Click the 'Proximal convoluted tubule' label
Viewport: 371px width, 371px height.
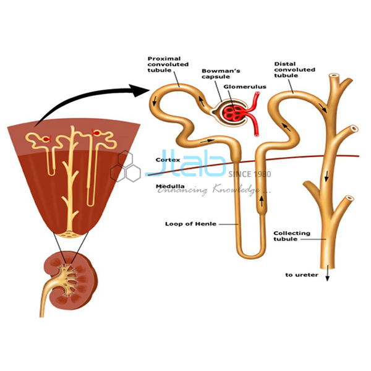point(168,64)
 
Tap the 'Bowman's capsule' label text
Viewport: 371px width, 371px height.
point(221,74)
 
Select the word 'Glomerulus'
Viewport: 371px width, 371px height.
point(245,87)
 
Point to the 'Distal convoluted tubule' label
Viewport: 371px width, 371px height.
point(294,70)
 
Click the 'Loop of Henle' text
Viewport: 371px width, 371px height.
point(190,224)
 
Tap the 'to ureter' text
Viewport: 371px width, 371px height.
point(302,275)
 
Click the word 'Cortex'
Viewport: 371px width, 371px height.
point(168,160)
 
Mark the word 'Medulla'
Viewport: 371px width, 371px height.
point(170,186)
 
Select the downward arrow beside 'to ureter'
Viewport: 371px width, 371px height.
point(328,273)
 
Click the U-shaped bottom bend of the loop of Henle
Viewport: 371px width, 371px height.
point(251,255)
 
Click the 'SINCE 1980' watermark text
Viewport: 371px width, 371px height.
point(250,174)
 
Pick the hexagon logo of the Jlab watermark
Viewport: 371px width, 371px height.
point(126,167)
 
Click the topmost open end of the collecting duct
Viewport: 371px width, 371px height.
point(334,77)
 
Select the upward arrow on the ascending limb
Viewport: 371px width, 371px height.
point(262,200)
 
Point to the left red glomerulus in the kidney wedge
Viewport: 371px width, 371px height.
point(46,139)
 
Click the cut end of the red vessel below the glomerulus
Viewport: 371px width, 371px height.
point(257,135)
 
